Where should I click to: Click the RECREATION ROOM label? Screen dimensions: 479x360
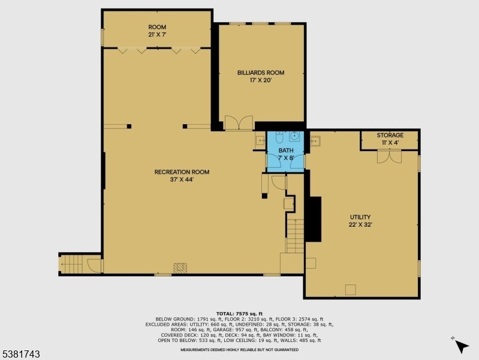[182, 172]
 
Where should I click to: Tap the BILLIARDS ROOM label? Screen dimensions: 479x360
[261, 73]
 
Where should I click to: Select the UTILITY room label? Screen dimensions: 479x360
[360, 217]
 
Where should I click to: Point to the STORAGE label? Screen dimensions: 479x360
[390, 135]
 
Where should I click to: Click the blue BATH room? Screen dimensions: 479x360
[285, 152]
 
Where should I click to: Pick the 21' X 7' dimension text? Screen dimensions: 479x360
[157, 35]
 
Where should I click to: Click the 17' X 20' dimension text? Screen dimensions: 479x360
[261, 80]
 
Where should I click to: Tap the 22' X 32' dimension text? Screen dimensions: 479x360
[360, 225]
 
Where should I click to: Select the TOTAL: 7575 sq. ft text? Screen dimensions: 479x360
[240, 314]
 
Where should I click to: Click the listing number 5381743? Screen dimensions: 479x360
[20, 354]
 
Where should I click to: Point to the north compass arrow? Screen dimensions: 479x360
[461, 347]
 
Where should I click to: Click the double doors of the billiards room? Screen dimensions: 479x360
[239, 123]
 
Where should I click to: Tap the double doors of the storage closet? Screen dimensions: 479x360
[389, 156]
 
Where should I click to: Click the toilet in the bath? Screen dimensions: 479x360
[279, 137]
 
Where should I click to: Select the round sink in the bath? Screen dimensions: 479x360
[295, 136]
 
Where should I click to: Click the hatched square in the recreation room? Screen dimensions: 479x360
[180, 268]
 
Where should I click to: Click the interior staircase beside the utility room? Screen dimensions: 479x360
[295, 236]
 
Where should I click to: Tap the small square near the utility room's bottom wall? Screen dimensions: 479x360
[350, 290]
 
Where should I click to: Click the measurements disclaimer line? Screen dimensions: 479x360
[240, 350]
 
